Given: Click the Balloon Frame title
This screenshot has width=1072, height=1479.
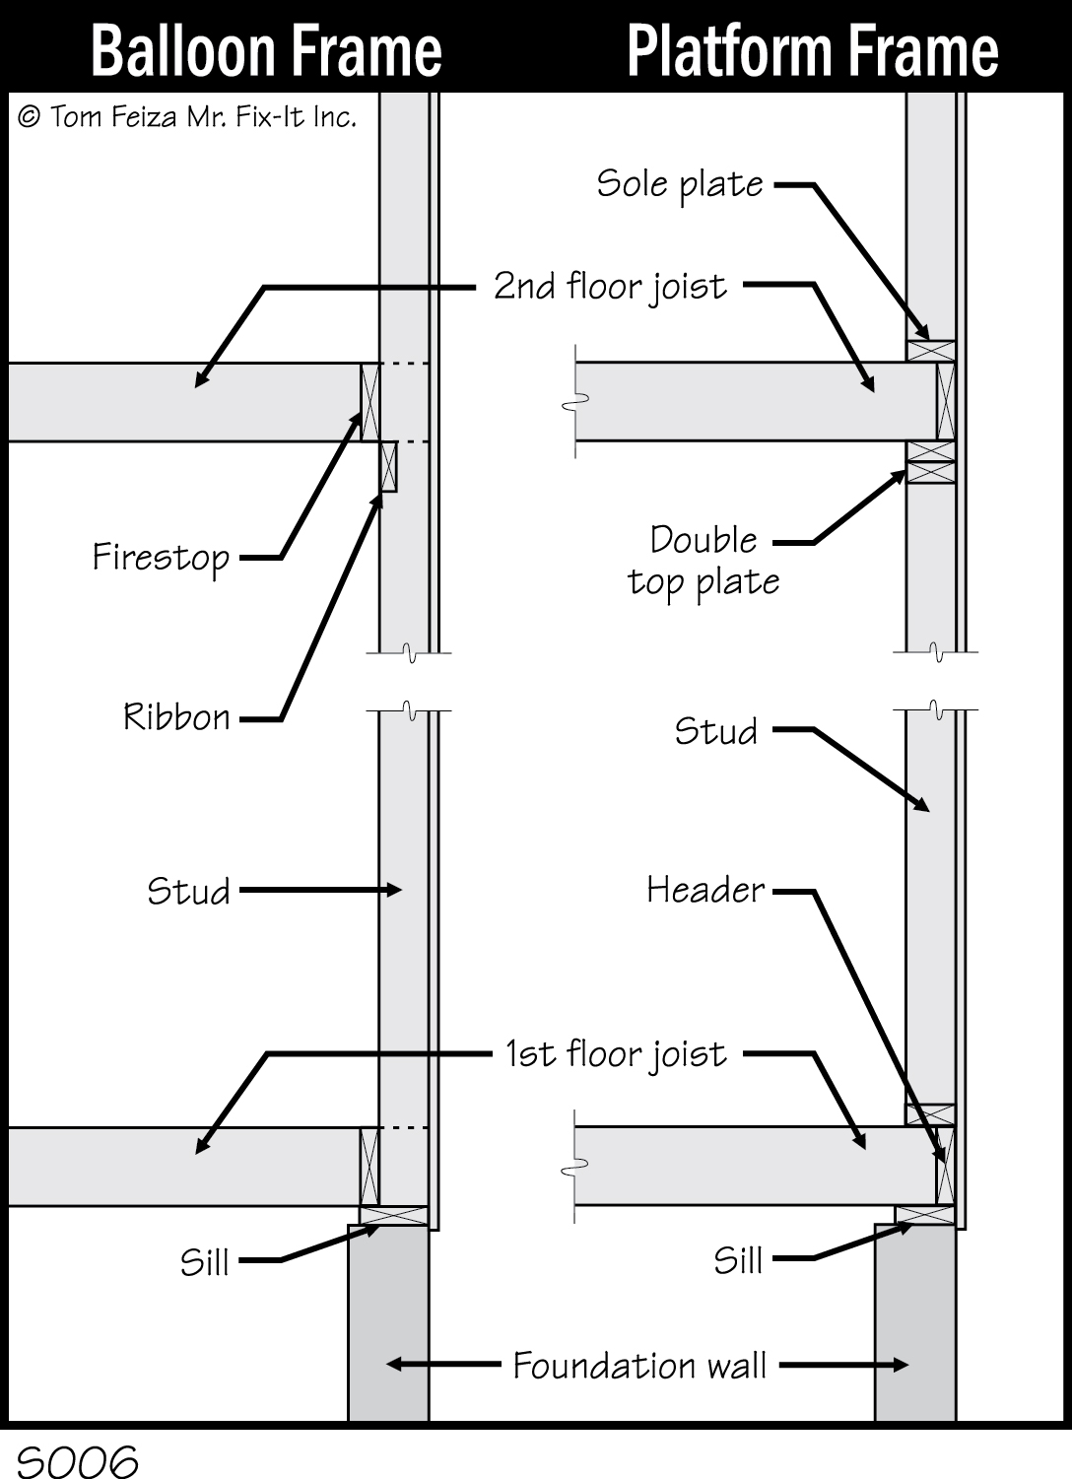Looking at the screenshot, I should coord(266,51).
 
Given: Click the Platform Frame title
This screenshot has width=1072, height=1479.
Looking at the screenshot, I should coord(812,51).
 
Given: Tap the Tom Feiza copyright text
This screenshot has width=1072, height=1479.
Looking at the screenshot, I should coord(187,117).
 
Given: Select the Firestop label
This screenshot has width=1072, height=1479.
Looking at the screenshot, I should coord(161,558).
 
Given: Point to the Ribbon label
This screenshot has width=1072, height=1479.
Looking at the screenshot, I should coord(176,717).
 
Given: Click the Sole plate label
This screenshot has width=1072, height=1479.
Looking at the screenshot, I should coord(680,184).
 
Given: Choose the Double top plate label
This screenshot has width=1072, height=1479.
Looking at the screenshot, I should coord(703,561).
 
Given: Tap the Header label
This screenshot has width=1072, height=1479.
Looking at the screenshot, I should coord(705,891).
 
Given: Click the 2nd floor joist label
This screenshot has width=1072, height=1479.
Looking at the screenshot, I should coord(610,287).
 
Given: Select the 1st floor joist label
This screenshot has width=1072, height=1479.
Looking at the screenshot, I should coord(616,1054).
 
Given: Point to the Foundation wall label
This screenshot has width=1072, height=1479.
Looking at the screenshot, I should coord(639,1366).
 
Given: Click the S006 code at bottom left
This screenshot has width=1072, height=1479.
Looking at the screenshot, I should coord(77,1462).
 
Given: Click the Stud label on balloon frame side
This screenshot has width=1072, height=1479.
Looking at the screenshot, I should coord(188,892).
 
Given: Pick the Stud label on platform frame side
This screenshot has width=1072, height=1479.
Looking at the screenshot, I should coord(715,732).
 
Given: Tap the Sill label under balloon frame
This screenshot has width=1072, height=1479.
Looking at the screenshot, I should coord(204,1262).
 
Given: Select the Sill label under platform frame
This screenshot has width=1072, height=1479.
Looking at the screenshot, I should coord(738,1260).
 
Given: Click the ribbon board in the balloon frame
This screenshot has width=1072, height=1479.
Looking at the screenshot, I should coord(388,467).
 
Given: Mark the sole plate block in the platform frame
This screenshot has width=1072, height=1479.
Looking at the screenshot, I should coord(931,352).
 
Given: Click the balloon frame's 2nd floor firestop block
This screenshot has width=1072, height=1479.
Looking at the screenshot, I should coord(369,402).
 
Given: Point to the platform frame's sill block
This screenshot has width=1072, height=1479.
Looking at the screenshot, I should coord(924,1215).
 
